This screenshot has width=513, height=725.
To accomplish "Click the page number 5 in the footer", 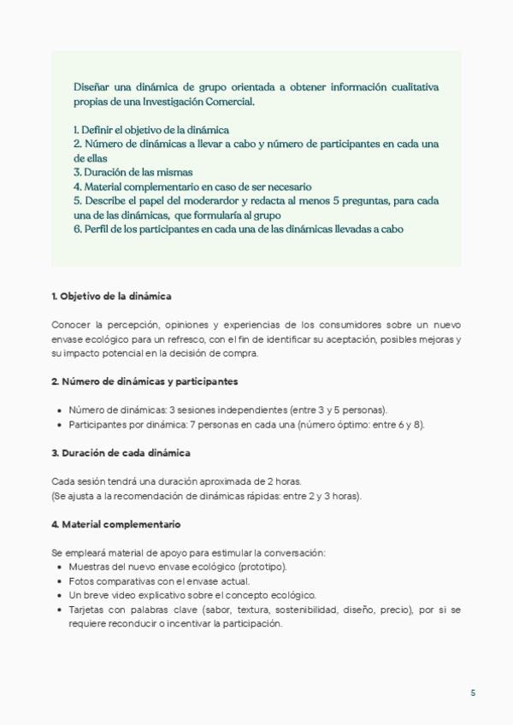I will click(x=473, y=693).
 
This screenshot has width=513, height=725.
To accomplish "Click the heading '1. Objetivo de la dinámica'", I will click(x=111, y=296).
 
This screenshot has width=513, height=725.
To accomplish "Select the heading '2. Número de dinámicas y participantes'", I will click(x=144, y=380).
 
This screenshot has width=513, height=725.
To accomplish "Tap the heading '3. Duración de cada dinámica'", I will click(x=121, y=451).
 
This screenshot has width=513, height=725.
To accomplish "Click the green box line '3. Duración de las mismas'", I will click(x=133, y=172).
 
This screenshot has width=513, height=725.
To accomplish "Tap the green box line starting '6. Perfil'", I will click(x=239, y=229).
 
